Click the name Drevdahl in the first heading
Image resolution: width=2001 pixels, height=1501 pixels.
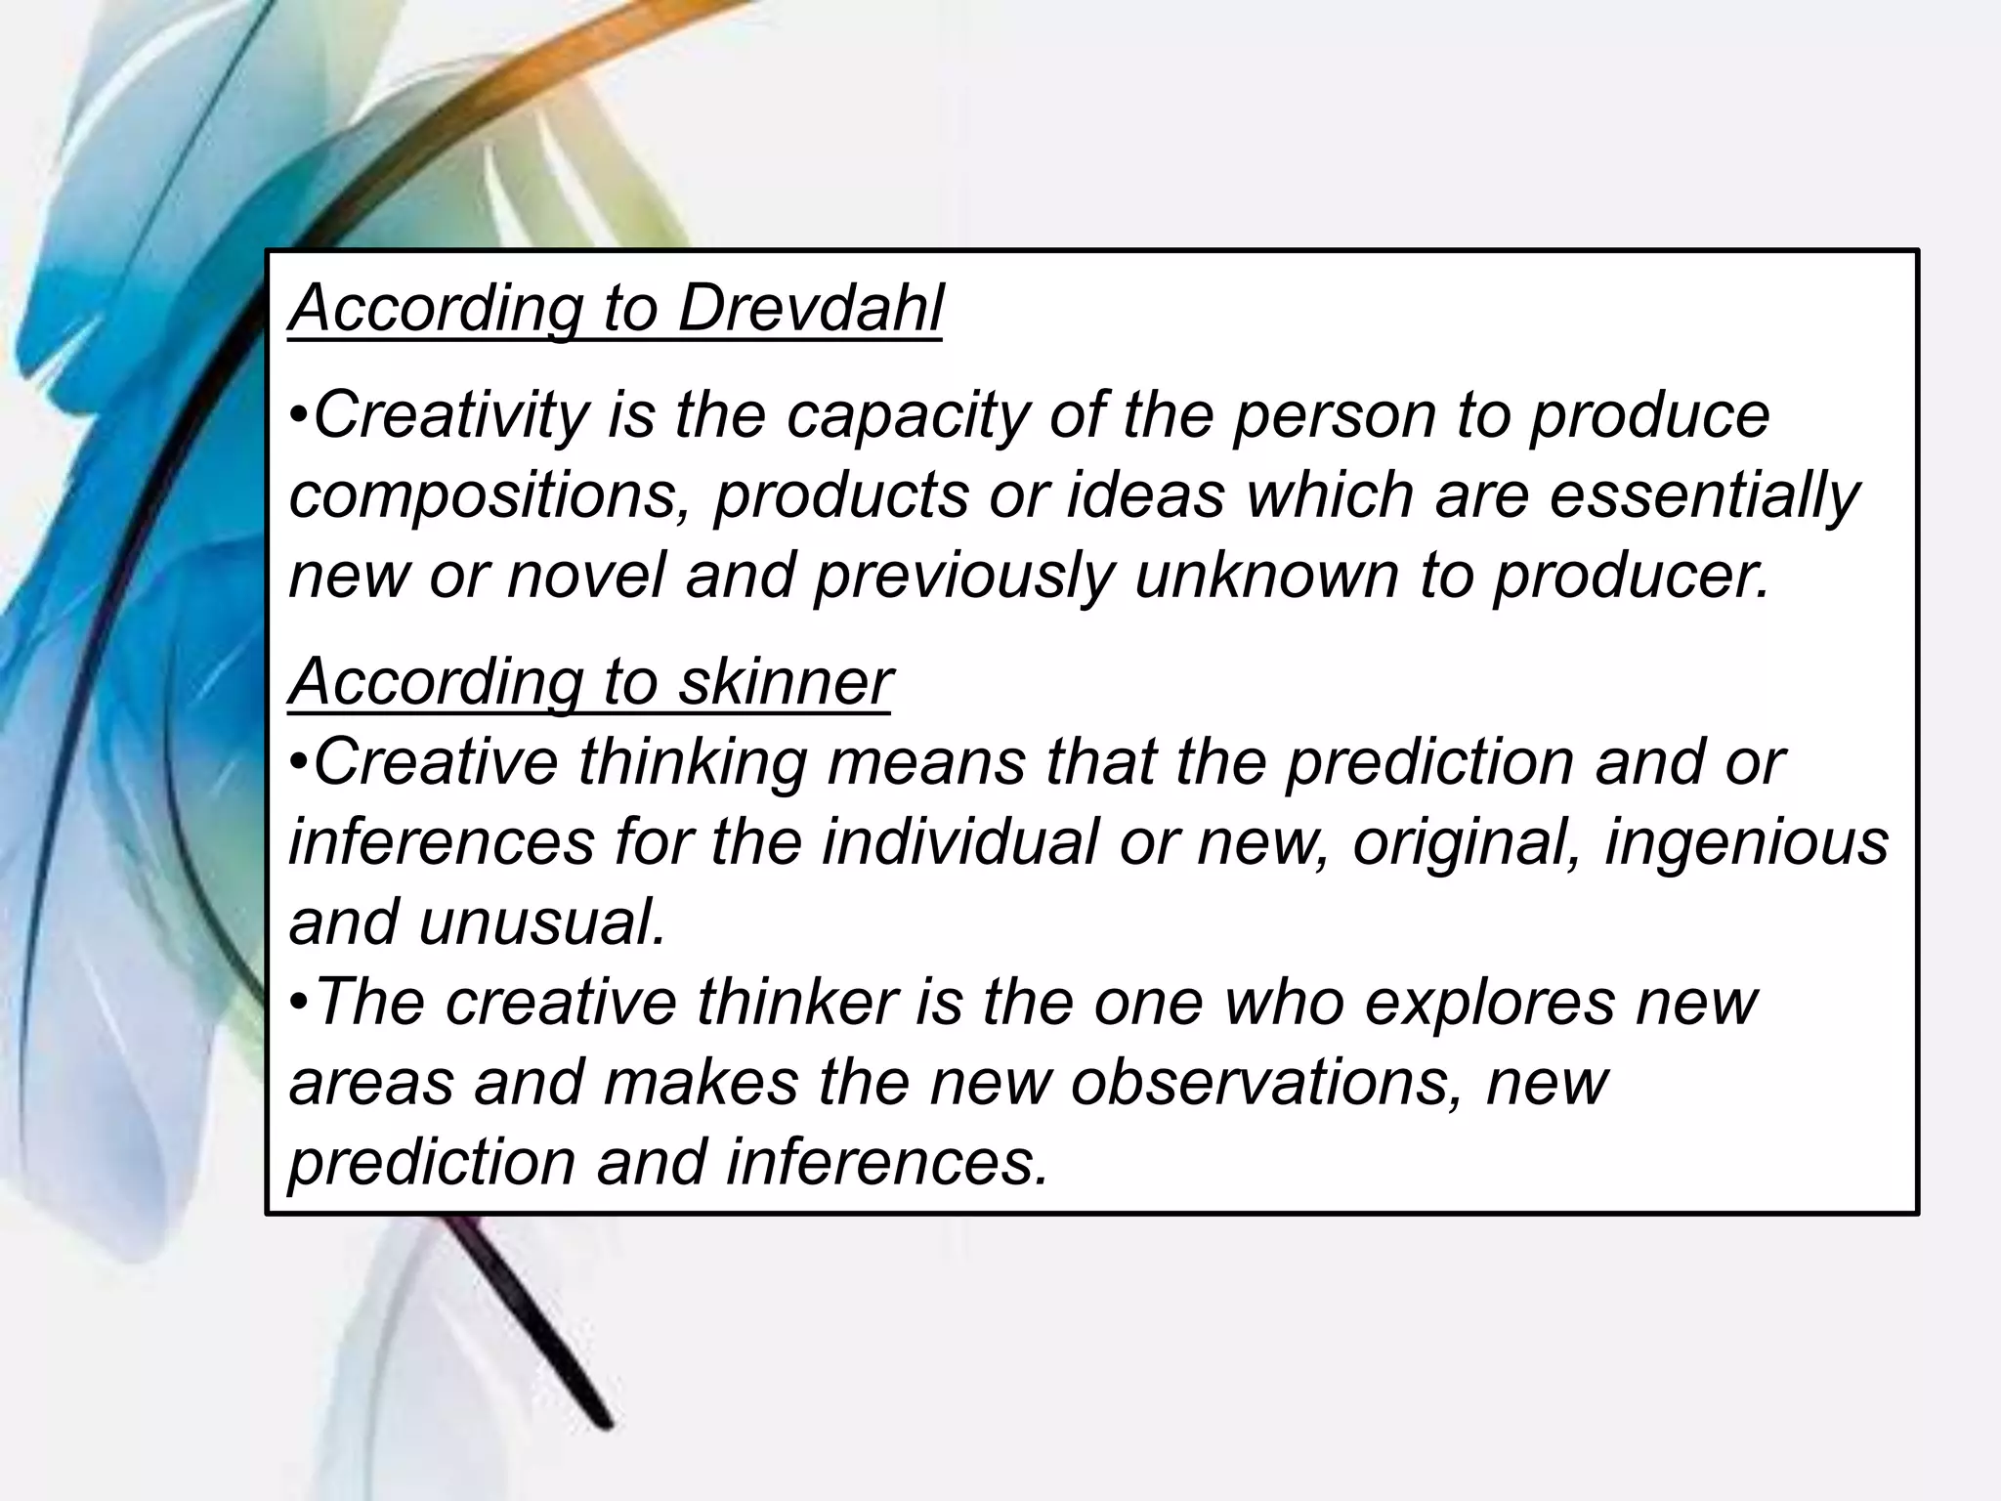click(x=810, y=309)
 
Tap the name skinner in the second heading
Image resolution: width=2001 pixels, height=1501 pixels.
click(x=785, y=681)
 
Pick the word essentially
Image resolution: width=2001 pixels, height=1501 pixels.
click(x=1704, y=496)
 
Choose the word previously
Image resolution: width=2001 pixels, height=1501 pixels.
click(x=962, y=577)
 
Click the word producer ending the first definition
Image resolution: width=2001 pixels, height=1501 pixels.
click(x=1632, y=577)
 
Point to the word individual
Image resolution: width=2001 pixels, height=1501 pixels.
click(x=959, y=841)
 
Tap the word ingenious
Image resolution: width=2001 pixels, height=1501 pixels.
click(x=1747, y=843)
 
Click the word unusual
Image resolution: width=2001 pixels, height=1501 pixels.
click(x=542, y=922)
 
